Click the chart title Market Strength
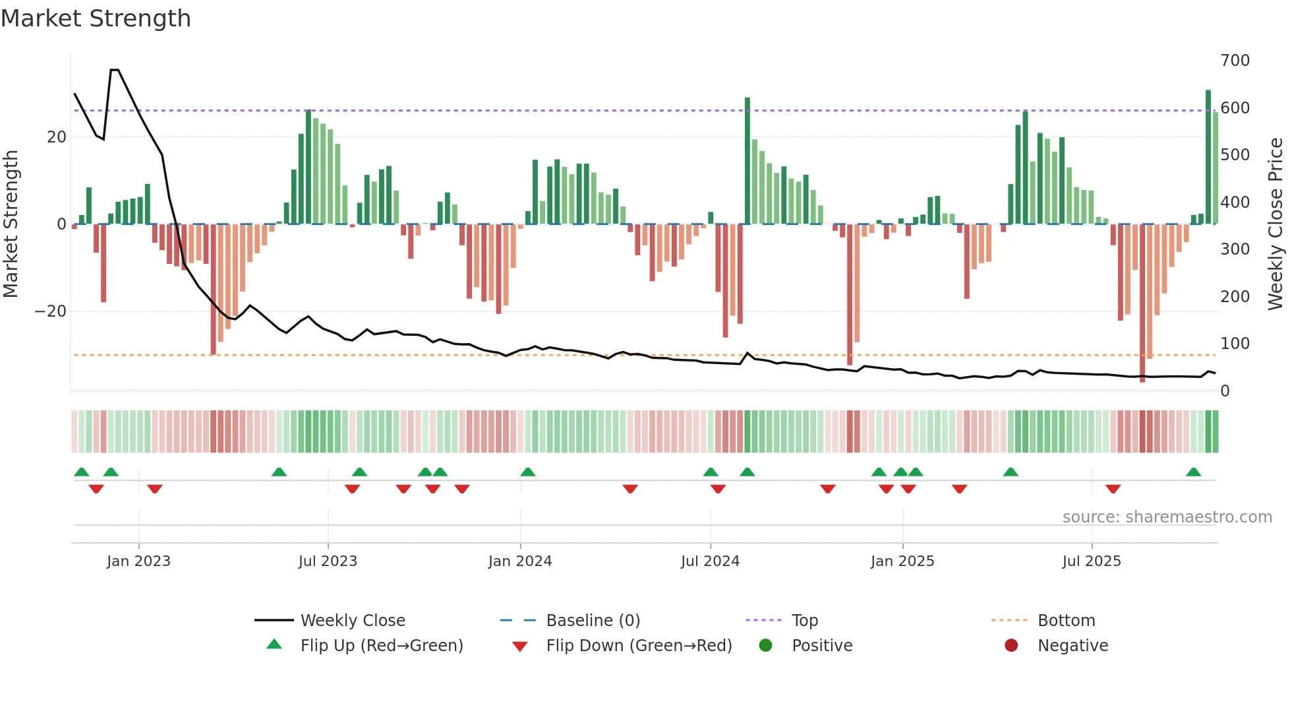(96, 18)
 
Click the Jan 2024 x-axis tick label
(520, 561)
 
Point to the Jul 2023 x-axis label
(328, 561)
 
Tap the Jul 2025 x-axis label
(1092, 561)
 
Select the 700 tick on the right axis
(1235, 61)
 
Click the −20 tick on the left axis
(51, 311)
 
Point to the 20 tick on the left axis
(57, 137)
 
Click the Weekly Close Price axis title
(1276, 224)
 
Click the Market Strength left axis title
(11, 224)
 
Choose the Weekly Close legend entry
(352, 621)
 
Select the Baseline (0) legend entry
(593, 621)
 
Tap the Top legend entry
(804, 621)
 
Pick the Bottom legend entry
(1066, 621)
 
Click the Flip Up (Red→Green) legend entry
(381, 646)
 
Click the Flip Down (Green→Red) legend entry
(638, 646)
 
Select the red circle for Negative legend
(1011, 646)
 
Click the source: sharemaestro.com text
(1167, 517)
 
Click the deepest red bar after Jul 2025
(1142, 303)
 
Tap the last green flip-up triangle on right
(1193, 472)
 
